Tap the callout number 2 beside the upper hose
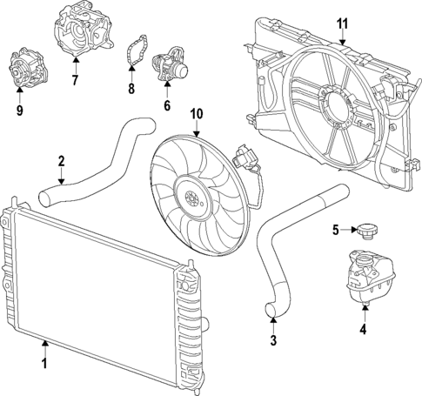(x=61, y=160)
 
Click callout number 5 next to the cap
(x=335, y=230)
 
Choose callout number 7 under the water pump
(x=76, y=81)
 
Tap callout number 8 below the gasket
(x=131, y=89)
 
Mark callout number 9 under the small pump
(x=19, y=111)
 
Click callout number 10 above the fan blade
(x=196, y=113)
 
